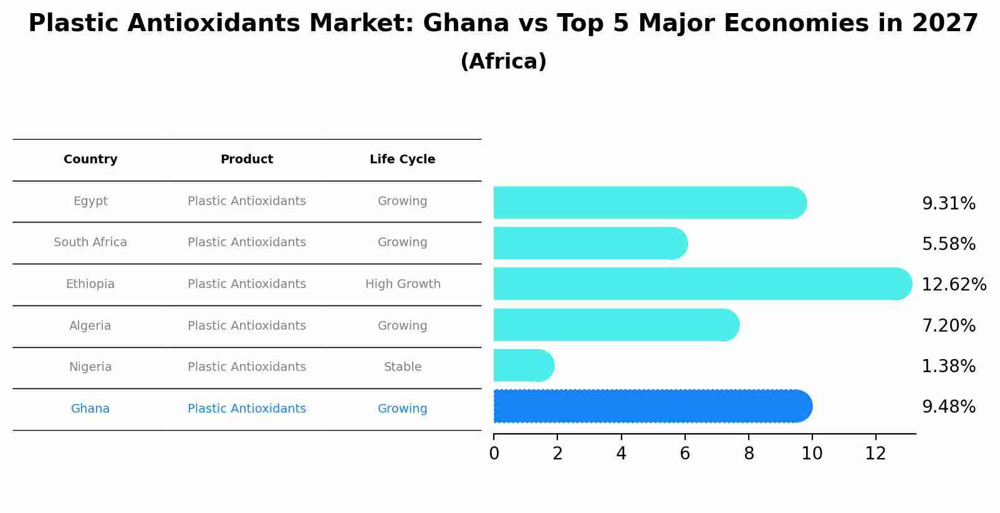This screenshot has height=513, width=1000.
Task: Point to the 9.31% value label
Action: pyautogui.click(x=948, y=204)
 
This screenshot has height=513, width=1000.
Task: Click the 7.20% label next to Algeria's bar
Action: pyautogui.click(x=948, y=325)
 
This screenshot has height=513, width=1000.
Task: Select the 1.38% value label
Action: pyautogui.click(x=948, y=366)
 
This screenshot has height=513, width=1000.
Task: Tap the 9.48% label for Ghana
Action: pyautogui.click(x=948, y=407)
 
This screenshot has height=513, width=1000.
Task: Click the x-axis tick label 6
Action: pyautogui.click(x=685, y=454)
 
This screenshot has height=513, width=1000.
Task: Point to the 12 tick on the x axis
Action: pyautogui.click(x=875, y=454)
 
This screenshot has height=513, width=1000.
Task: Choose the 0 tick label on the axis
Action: pyautogui.click(x=494, y=454)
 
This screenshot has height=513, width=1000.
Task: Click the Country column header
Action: pyautogui.click(x=90, y=160)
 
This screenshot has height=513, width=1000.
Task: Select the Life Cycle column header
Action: pyautogui.click(x=402, y=160)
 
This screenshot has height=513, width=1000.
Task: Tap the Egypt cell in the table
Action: pyautogui.click(x=90, y=201)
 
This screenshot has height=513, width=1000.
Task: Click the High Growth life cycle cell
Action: pyautogui.click(x=403, y=284)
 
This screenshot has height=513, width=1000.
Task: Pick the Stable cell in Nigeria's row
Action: pyautogui.click(x=403, y=367)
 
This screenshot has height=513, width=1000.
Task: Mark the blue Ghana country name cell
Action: pyautogui.click(x=90, y=409)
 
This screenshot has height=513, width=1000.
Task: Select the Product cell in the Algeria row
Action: pyautogui.click(x=247, y=326)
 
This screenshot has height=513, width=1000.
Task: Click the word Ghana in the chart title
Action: pyautogui.click(x=466, y=24)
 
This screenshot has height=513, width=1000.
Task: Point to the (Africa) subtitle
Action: pyautogui.click(x=503, y=62)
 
